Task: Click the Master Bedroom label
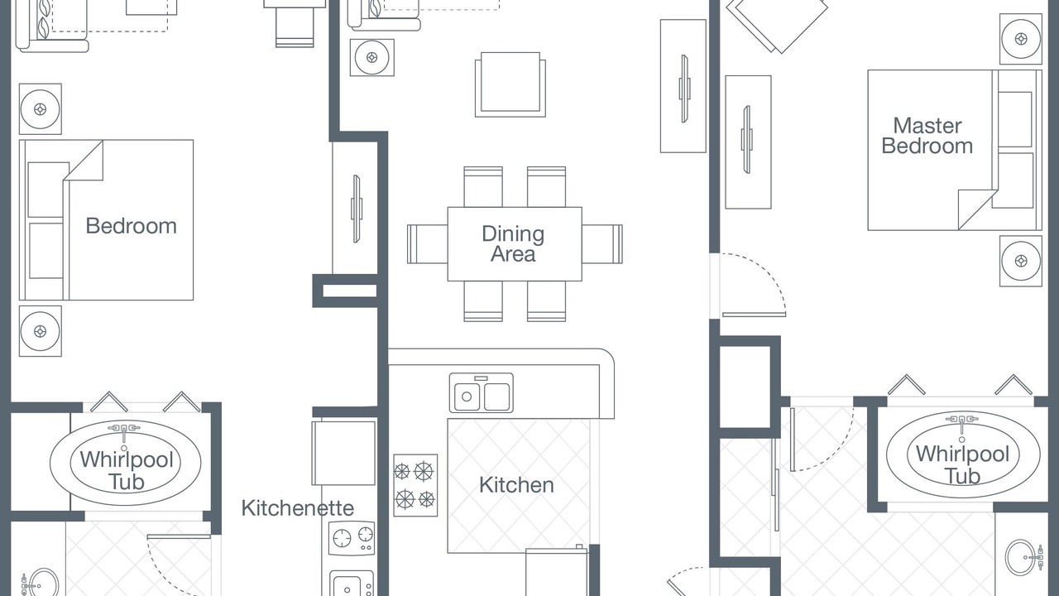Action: (927, 136)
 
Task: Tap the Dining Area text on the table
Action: (513, 243)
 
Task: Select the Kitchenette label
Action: (297, 508)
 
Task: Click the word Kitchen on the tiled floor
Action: (516, 485)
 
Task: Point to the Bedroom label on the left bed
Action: (131, 226)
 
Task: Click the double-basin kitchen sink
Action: (482, 392)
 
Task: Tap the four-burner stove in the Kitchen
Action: (415, 485)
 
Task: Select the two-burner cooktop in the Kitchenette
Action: (352, 538)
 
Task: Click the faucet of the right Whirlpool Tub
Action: (961, 422)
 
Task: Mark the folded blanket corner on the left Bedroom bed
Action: (84, 161)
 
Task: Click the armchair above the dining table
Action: (510, 84)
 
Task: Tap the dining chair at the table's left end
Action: (428, 244)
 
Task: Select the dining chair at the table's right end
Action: (602, 244)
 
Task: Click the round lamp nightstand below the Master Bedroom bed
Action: (1021, 261)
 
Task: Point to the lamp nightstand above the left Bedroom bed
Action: (41, 109)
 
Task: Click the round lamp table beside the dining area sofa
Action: (372, 58)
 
